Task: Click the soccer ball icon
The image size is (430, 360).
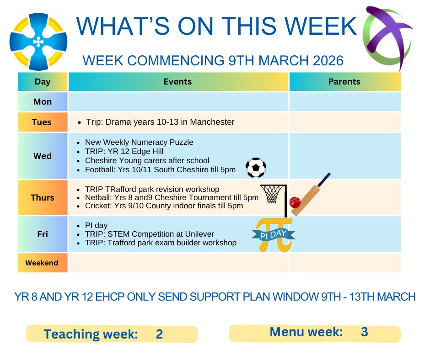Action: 256,168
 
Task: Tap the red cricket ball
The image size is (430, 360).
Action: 296,201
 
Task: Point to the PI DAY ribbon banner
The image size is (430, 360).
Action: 274,234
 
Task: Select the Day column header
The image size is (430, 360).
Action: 43,82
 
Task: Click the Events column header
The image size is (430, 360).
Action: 178,82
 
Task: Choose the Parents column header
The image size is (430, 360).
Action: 344,82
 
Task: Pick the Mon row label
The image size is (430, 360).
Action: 43,102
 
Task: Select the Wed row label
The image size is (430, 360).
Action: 43,156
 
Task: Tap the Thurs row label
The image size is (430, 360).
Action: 43,198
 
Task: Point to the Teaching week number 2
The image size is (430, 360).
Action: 159,334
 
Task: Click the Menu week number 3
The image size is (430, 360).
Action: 364,332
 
